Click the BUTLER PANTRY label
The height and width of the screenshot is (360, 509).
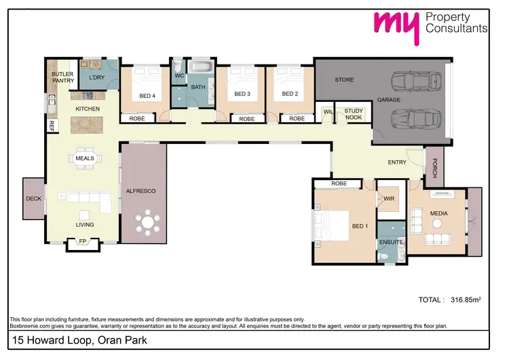pyautogui.click(x=63, y=77)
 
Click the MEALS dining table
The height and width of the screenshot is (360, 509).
pyautogui.click(x=85, y=158)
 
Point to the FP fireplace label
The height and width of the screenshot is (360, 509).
pyautogui.click(x=83, y=241)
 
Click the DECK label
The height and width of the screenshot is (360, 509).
pyautogui.click(x=33, y=199)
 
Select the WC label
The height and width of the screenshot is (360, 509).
pyautogui.click(x=179, y=75)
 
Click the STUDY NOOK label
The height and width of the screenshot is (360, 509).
pyautogui.click(x=354, y=114)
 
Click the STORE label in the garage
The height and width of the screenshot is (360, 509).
pyautogui.click(x=344, y=80)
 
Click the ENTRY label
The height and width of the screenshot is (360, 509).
pyautogui.click(x=397, y=162)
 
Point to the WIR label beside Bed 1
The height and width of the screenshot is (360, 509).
pyautogui.click(x=389, y=199)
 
